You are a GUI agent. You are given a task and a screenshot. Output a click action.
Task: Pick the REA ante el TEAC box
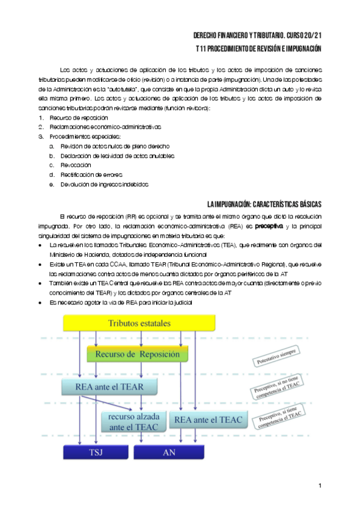[207, 419]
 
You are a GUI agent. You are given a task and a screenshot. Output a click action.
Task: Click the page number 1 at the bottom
[320, 485]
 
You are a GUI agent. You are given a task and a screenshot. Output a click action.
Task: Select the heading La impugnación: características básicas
[264, 204]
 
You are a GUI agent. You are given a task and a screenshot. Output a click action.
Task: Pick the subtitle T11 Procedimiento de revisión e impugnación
[259, 49]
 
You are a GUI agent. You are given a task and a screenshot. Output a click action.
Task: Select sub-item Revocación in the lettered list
[75, 165]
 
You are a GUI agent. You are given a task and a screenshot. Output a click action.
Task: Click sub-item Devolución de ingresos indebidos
[103, 184]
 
